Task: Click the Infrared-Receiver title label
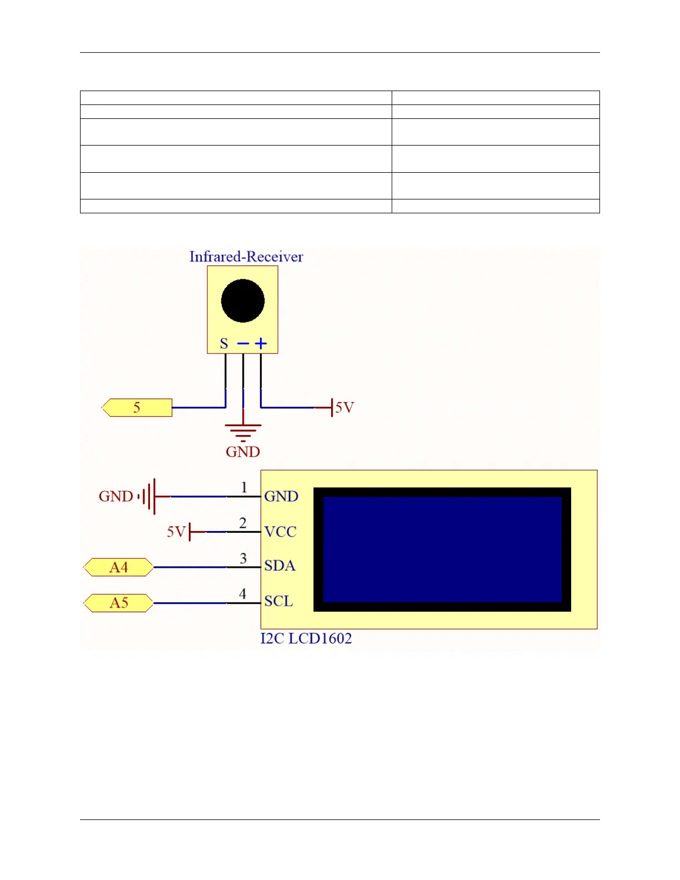[x=246, y=257]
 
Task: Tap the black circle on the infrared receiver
[x=243, y=301]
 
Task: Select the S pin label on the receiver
[x=224, y=343]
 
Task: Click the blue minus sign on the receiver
[x=243, y=343]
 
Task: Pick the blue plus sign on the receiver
[x=261, y=343]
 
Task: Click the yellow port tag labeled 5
[x=137, y=408]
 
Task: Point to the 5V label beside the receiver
[x=344, y=408]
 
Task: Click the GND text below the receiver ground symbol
[x=243, y=452]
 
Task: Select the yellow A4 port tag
[x=118, y=567]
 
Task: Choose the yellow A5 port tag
[x=118, y=603]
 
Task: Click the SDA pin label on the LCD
[x=279, y=566]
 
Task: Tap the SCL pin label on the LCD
[x=278, y=601]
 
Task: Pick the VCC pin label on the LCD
[x=280, y=532]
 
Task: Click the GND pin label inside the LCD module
[x=281, y=496]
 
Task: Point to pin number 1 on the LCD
[x=243, y=487]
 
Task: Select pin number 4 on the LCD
[x=243, y=594]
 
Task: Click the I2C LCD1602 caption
[x=306, y=638]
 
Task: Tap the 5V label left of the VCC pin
[x=176, y=532]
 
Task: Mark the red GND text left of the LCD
[x=116, y=496]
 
